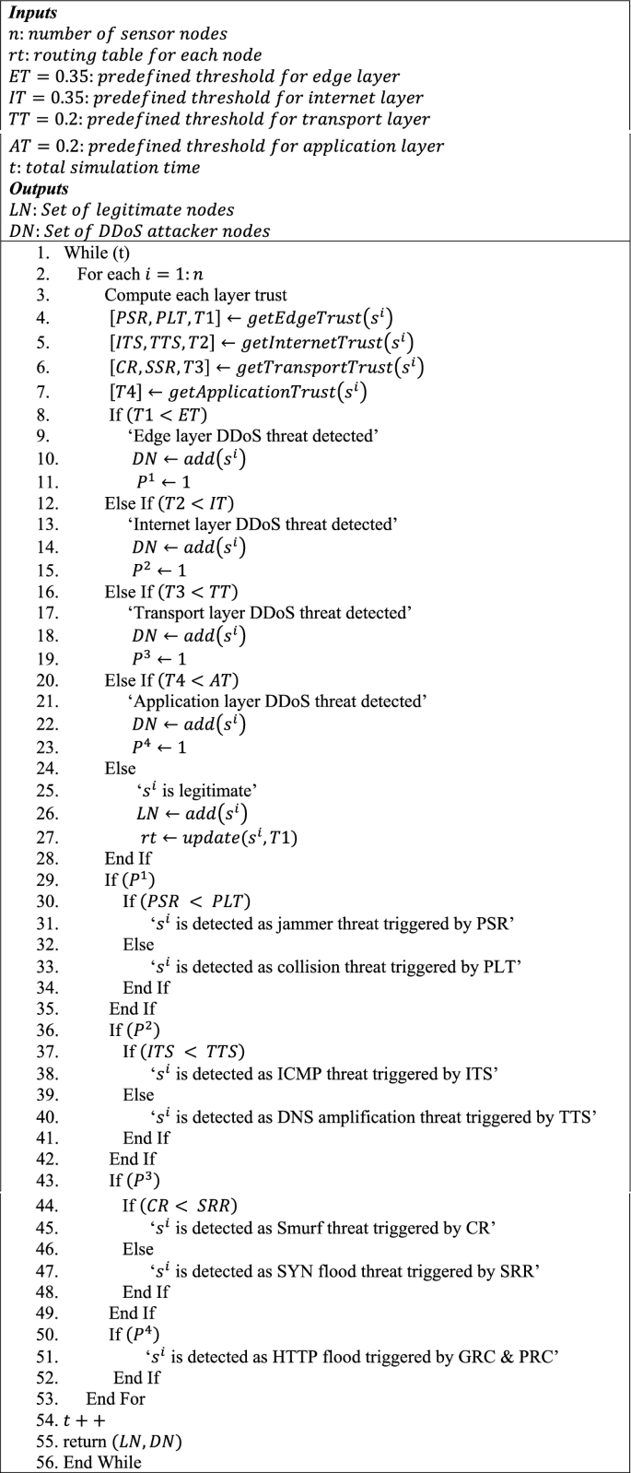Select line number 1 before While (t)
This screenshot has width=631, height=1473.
pos(41,253)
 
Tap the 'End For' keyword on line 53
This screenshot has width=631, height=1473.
pos(115,1398)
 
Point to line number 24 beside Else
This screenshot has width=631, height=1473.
pos(46,768)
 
